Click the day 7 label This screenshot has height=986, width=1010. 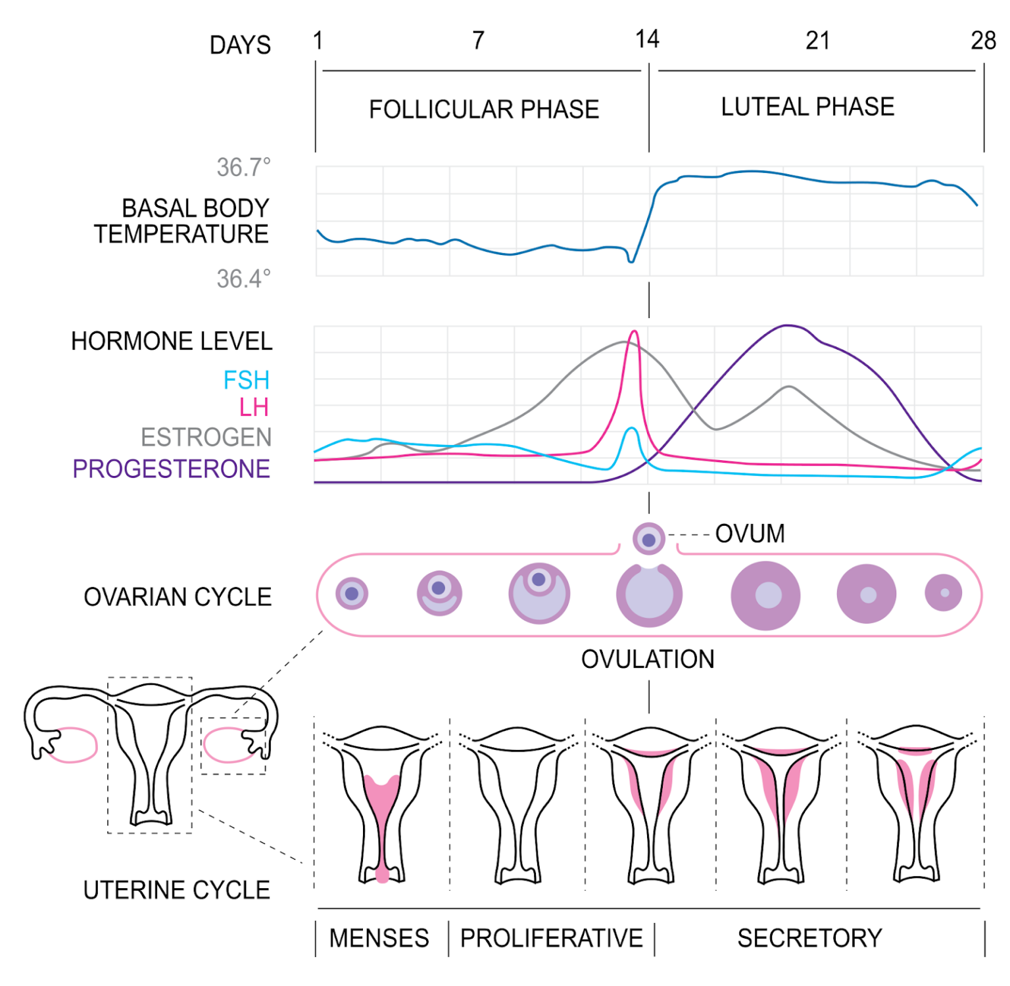[x=479, y=41]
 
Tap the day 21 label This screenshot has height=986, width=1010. [x=817, y=41]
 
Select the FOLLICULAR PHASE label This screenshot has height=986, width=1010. [x=484, y=109]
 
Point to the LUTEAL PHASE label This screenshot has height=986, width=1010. [x=807, y=106]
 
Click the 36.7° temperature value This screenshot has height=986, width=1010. [x=243, y=168]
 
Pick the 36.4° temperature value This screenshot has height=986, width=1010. [x=243, y=279]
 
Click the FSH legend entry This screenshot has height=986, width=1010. [x=247, y=380]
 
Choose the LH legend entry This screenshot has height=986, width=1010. [x=254, y=408]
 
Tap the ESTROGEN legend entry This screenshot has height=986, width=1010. [x=206, y=437]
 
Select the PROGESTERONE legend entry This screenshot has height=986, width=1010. [x=171, y=469]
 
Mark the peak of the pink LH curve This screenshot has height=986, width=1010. [x=634, y=332]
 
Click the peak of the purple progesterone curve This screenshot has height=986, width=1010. [x=787, y=325]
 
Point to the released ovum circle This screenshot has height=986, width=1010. [x=649, y=539]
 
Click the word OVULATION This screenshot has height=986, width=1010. [x=648, y=659]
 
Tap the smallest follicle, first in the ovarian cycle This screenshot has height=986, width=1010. [x=352, y=594]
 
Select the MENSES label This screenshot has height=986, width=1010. [x=379, y=938]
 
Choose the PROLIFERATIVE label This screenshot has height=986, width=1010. [x=551, y=938]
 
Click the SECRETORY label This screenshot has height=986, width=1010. [x=809, y=938]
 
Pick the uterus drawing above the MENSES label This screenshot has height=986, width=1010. [x=382, y=805]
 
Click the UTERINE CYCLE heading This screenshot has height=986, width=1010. [x=176, y=890]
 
